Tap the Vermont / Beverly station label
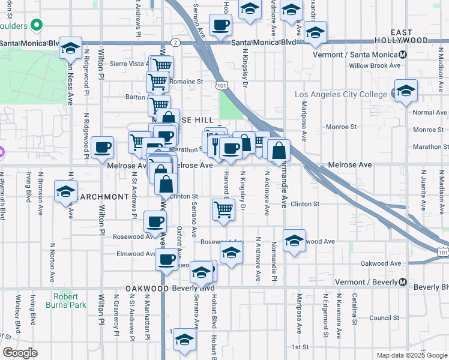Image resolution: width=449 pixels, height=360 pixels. pyautogui.click(x=366, y=282)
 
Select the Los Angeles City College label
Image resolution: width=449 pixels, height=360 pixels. pyautogui.click(x=342, y=95)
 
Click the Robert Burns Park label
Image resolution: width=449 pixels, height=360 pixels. pyautogui.click(x=70, y=301)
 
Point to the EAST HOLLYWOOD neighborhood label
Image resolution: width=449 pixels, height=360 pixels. pyautogui.click(x=410, y=36)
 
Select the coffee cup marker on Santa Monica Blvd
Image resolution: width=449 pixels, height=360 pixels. pyautogui.click(x=220, y=25)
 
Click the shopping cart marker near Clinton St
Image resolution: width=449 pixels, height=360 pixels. pyautogui.click(x=223, y=209)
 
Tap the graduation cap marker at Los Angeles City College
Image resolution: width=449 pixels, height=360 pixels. pyautogui.click(x=406, y=91)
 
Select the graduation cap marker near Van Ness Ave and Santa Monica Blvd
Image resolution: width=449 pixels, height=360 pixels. pyautogui.click(x=71, y=48)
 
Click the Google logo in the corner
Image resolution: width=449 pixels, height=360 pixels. pyautogui.click(x=20, y=353)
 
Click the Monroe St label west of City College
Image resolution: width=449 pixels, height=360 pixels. pyautogui.click(x=341, y=127)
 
